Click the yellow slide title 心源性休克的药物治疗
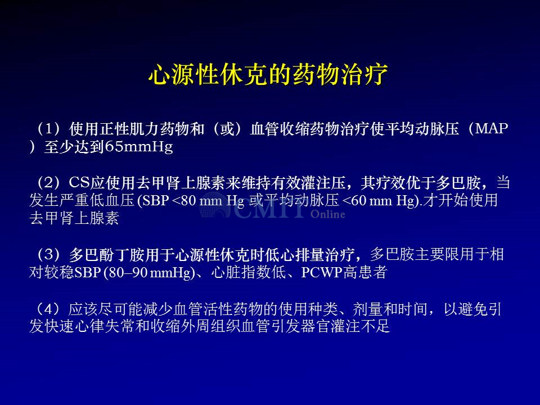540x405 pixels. (268, 74)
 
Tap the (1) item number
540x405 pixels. (48, 129)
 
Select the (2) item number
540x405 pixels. (48, 182)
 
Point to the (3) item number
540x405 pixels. (48, 255)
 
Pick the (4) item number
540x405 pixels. (48, 309)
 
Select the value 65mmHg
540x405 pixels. (139, 147)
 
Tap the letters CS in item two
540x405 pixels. (79, 182)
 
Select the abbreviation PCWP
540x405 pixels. (322, 273)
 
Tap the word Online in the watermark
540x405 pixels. (327, 214)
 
